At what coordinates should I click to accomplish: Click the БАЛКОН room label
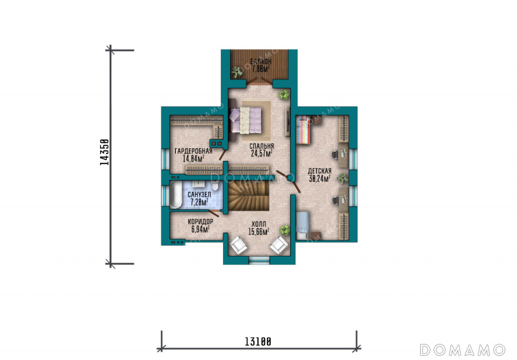tap(261, 61)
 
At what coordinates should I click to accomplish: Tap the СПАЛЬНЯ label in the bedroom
tap(262, 146)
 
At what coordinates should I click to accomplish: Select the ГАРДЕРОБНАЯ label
tap(193, 151)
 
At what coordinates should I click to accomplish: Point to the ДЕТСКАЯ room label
tap(319, 171)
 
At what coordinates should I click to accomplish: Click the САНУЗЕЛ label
tap(199, 195)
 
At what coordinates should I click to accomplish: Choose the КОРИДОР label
tap(200, 222)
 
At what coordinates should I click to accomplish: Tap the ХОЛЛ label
tap(258, 224)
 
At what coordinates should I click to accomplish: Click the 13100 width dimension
tap(258, 341)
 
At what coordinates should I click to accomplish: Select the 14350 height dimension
tap(104, 153)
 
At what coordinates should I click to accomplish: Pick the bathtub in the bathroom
tap(176, 195)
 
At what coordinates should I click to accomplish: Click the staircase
tap(249, 196)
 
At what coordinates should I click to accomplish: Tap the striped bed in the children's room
tap(303, 130)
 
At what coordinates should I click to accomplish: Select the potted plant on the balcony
tap(237, 72)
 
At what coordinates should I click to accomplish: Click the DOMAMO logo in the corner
tap(462, 350)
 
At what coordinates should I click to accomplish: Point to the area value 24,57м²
tap(262, 153)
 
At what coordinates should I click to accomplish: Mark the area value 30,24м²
tap(319, 178)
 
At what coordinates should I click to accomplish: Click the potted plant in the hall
tap(284, 229)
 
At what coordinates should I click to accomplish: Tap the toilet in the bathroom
tap(215, 186)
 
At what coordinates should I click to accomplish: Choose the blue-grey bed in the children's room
tap(303, 226)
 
